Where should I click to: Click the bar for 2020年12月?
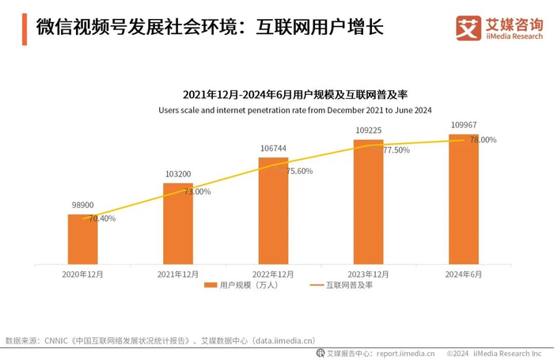(82, 239)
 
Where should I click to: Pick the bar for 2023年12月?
(368, 202)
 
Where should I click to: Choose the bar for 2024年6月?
(463, 199)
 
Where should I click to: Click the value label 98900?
(82, 205)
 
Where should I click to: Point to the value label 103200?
(178, 174)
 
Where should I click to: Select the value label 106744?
(273, 148)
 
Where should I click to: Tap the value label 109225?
(368, 130)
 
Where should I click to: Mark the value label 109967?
(463, 124)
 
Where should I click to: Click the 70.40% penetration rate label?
(102, 218)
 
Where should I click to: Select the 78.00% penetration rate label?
(483, 140)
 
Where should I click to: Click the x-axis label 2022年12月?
(273, 273)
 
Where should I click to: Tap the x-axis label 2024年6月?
(463, 273)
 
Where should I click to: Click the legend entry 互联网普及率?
(341, 285)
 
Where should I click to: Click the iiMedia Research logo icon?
(469, 28)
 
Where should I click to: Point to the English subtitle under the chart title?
(294, 109)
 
